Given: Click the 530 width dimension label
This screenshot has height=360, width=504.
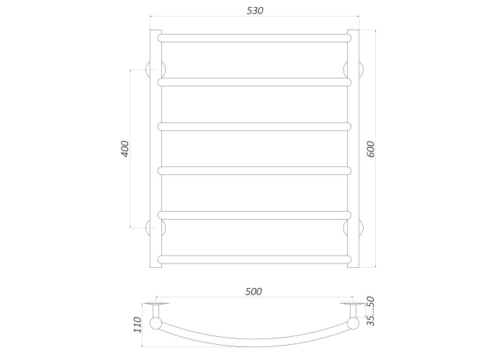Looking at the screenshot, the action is (255, 11).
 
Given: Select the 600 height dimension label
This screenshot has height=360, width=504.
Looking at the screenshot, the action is (371, 149).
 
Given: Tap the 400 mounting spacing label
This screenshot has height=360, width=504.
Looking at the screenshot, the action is (125, 149).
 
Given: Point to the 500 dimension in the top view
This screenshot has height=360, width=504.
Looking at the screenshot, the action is (253, 291).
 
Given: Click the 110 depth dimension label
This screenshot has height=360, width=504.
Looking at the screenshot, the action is (138, 325).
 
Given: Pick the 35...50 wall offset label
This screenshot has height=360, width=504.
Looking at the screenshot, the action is (371, 311).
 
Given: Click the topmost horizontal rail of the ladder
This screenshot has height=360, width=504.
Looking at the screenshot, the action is (254, 38).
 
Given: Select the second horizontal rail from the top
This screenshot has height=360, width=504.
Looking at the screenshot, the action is (254, 82).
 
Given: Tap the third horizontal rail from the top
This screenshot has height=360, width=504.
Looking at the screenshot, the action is (254, 127).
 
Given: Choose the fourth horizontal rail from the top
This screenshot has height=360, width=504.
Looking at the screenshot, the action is (254, 171).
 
